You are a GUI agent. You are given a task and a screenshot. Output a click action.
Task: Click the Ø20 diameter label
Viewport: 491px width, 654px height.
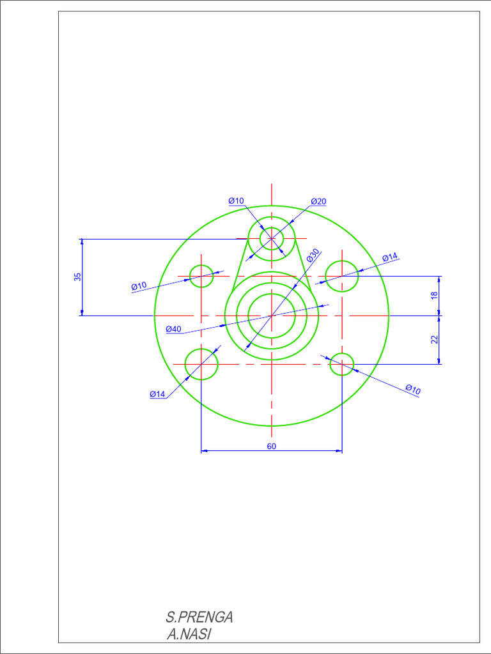tap(318, 202)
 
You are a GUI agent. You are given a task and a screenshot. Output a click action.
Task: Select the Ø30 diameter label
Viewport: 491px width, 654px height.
tap(313, 255)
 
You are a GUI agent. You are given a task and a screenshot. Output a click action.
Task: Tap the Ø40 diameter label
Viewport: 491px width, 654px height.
tap(173, 329)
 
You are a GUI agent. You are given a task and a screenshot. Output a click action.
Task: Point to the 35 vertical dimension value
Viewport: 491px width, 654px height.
tap(78, 277)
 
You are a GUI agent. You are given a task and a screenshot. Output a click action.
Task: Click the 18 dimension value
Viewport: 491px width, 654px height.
tap(434, 295)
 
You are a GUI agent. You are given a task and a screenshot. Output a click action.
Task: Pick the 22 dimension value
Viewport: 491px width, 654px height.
tap(434, 340)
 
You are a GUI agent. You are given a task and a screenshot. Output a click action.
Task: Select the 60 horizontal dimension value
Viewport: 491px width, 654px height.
tap(271, 446)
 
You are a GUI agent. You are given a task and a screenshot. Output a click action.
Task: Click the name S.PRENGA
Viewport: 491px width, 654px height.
tap(199, 617)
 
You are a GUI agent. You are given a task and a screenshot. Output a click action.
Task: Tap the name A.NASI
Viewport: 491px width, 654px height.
tap(189, 634)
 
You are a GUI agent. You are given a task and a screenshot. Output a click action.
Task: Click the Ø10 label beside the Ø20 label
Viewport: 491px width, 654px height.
tap(236, 201)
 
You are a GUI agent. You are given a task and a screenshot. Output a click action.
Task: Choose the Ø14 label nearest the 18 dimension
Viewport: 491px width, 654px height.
tap(390, 257)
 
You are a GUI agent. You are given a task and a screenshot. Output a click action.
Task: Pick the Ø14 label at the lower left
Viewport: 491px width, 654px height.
tap(157, 394)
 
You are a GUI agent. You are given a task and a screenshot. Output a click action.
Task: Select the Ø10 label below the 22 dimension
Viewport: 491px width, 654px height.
tap(413, 389)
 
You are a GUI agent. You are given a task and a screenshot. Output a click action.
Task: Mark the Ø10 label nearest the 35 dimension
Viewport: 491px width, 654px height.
tap(139, 286)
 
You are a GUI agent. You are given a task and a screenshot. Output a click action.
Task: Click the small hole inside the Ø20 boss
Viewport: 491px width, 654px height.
tap(272, 239)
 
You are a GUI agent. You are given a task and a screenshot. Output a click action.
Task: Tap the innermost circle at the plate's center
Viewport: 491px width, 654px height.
tap(272, 316)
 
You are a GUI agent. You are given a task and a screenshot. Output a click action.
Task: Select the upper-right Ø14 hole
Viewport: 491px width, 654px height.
tap(342, 276)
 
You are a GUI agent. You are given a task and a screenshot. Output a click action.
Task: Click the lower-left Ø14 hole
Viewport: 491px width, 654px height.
tap(201, 364)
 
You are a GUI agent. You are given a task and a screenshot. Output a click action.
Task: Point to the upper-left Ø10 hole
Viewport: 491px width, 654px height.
tap(201, 276)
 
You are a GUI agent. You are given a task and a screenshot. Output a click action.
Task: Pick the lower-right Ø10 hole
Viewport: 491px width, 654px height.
tap(342, 364)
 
